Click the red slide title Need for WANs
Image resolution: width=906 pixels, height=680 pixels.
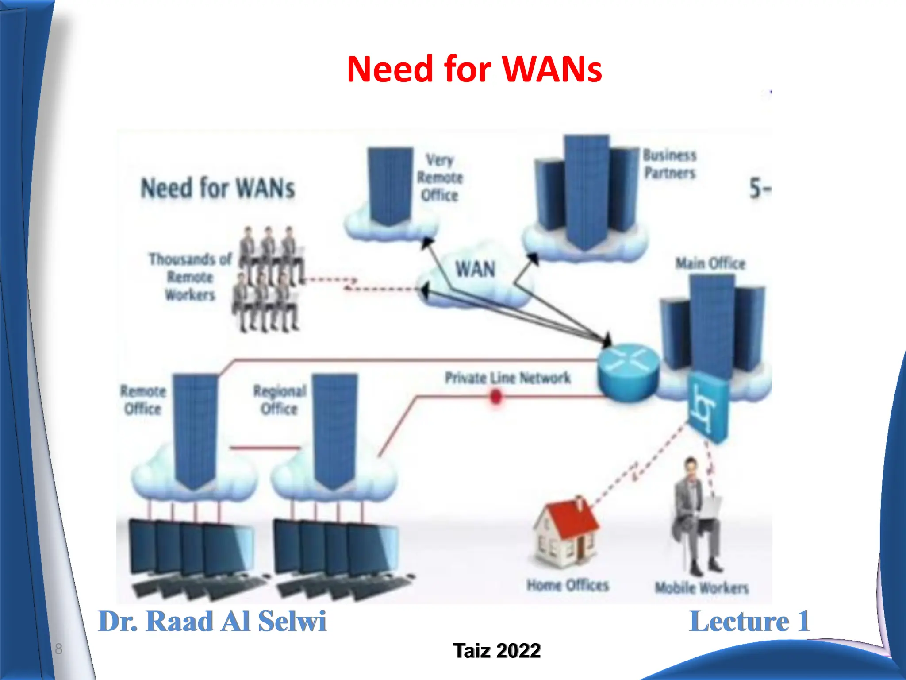[x=474, y=69]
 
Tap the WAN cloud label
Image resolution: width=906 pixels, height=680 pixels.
[x=475, y=269]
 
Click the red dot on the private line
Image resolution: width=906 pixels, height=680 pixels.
[x=496, y=396]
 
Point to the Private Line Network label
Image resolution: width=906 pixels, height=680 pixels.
[x=507, y=378]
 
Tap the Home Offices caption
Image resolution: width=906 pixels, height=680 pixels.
[x=568, y=585]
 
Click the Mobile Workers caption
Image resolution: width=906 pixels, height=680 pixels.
[x=702, y=587]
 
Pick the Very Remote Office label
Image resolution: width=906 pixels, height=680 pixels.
[x=440, y=178]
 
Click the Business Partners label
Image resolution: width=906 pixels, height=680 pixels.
[x=670, y=164]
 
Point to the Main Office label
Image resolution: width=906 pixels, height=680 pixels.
[x=710, y=263]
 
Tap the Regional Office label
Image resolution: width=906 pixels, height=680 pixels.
[x=280, y=400]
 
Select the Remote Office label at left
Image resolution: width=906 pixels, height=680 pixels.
[x=143, y=400]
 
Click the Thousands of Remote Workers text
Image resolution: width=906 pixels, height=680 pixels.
[x=190, y=277]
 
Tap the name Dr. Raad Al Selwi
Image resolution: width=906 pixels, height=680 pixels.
[x=212, y=621]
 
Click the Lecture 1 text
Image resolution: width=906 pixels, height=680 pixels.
[x=749, y=621]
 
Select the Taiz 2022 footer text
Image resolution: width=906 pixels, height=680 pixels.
[x=496, y=651]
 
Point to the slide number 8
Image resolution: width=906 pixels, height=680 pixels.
[x=58, y=649]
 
